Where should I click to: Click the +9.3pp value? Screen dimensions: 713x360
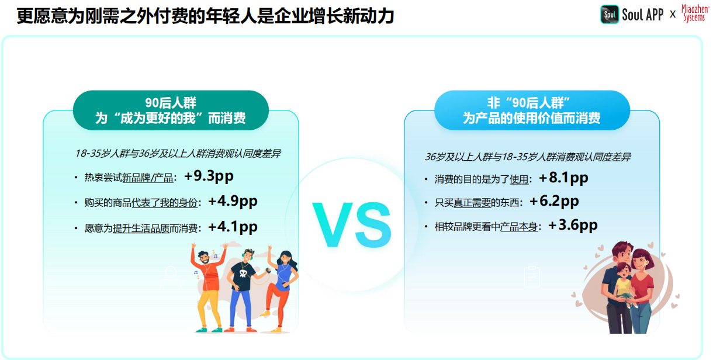(209, 176)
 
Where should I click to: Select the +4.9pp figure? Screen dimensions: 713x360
(233, 202)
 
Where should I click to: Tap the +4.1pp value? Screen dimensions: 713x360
(233, 227)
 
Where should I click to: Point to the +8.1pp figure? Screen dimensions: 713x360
(563, 178)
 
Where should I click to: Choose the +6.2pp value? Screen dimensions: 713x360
(554, 202)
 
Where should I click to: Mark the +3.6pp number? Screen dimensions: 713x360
(573, 226)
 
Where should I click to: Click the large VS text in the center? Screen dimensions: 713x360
(352, 225)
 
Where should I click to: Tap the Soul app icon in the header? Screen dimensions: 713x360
(609, 15)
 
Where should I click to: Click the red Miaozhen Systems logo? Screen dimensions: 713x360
(695, 13)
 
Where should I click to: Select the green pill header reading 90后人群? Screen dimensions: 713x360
(171, 110)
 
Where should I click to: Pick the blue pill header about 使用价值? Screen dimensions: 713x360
(532, 110)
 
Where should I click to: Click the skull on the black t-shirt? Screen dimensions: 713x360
(243, 273)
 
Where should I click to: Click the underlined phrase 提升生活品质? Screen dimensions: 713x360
(141, 229)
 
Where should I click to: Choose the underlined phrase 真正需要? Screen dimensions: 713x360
(472, 203)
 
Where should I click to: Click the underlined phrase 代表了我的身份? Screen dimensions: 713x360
(165, 203)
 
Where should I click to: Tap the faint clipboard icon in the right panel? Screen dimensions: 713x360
(532, 276)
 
